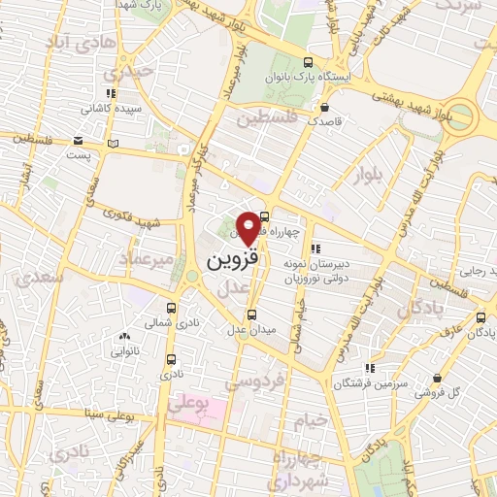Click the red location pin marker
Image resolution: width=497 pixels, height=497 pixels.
(249, 227)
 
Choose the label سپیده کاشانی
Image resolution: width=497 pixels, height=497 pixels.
(112, 109)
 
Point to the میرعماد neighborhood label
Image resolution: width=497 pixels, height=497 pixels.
(146, 259)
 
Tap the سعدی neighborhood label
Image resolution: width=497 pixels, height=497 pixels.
(40, 278)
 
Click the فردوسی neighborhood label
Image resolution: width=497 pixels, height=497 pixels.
(247, 382)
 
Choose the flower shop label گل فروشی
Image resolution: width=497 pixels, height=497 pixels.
(438, 393)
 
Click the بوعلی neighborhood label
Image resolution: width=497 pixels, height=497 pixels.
(188, 407)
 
